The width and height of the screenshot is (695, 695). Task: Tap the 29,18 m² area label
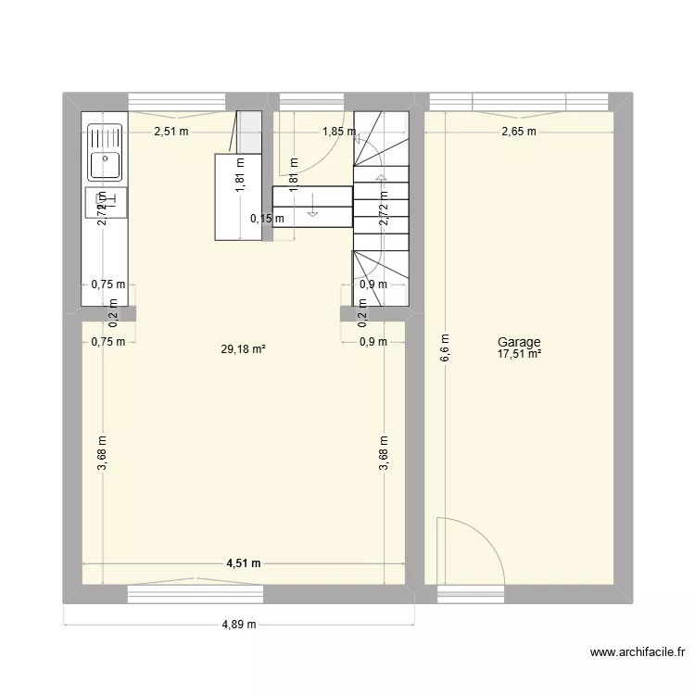[244, 349]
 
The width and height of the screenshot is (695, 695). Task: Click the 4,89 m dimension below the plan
[238, 625]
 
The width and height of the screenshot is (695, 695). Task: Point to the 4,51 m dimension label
[243, 563]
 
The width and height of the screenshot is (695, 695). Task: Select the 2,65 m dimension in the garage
[519, 132]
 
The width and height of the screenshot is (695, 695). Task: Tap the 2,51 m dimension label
[171, 132]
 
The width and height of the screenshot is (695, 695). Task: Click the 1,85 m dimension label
[338, 132]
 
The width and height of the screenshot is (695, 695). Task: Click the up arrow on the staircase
[380, 179]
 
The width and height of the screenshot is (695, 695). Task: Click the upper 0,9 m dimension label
[373, 285]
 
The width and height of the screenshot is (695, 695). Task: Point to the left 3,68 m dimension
[102, 454]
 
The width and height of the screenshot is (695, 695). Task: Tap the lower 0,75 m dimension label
[107, 342]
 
